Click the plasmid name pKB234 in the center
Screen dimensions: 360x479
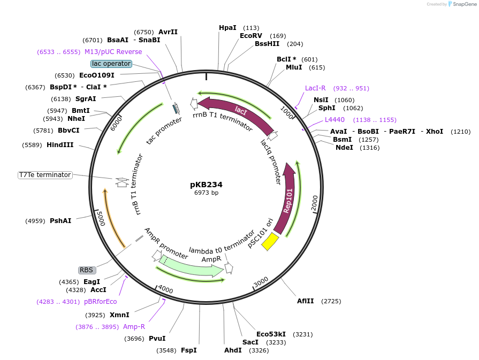[206, 185]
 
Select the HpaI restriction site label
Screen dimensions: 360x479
[227, 28]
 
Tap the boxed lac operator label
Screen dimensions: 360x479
[111, 64]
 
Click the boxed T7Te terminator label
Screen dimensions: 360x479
[45, 175]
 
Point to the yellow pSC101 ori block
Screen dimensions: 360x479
[270, 241]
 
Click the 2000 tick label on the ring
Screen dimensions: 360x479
[315, 203]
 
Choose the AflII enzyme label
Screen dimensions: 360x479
[307, 301]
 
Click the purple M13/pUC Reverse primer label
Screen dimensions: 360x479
[113, 52]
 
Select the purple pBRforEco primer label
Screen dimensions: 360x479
[100, 302]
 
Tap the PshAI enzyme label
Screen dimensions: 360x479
[60, 220]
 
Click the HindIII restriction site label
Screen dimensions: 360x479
[60, 145]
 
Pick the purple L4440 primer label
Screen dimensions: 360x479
[334, 120]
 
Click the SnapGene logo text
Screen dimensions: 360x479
[463, 4]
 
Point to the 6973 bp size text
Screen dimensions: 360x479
[206, 193]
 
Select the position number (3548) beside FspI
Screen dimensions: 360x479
[166, 350]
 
